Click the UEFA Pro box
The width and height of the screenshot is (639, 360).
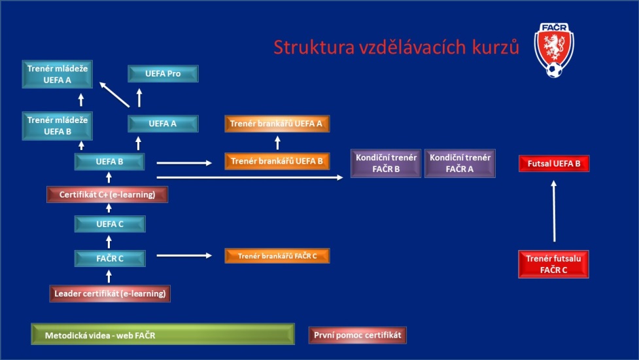click(163, 74)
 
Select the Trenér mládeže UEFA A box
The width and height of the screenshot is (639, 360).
click(58, 74)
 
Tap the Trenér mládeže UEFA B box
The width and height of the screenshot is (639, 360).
click(58, 126)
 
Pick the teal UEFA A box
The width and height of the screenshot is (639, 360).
click(163, 124)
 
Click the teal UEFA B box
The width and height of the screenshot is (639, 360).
click(110, 162)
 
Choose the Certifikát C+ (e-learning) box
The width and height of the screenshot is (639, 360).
click(107, 194)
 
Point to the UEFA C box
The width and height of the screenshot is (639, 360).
click(110, 224)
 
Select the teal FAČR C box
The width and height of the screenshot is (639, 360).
click(110, 259)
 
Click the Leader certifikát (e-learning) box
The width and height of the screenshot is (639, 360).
click(110, 293)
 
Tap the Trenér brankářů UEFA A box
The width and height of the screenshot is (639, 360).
click(277, 124)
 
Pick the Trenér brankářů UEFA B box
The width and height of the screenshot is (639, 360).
click(277, 161)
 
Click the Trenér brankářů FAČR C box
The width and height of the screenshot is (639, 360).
click(277, 256)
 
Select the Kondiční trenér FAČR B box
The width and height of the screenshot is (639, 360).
click(386, 163)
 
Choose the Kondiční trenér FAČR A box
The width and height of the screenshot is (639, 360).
click(460, 163)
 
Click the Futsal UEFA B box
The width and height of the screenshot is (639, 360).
click(554, 164)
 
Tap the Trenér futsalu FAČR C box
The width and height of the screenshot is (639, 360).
click(553, 264)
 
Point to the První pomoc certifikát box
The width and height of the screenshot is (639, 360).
click(357, 335)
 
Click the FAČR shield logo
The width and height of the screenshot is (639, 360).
click(554, 50)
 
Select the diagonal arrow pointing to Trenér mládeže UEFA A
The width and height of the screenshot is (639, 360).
click(114, 95)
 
